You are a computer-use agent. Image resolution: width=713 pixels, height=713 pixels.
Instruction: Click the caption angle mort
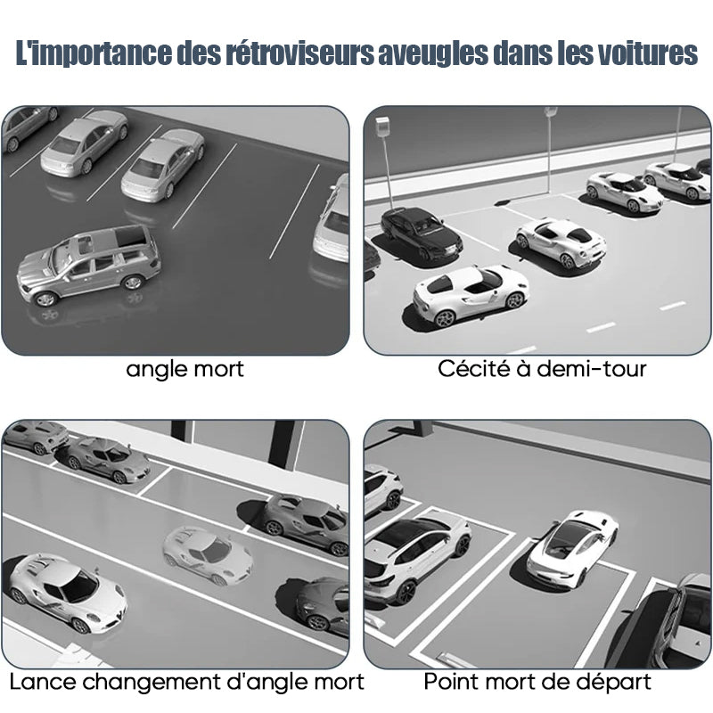[184, 369]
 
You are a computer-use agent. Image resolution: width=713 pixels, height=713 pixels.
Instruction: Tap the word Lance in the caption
[42, 682]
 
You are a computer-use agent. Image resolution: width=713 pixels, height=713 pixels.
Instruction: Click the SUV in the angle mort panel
[88, 266]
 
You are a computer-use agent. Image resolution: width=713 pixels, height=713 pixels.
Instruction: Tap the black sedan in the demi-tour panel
[421, 234]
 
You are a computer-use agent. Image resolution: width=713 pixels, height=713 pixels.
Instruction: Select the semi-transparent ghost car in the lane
[208, 555]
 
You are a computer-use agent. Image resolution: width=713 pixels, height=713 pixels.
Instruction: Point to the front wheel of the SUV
[45, 299]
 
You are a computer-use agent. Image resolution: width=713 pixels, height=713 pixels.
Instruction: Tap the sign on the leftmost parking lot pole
[382, 127]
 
